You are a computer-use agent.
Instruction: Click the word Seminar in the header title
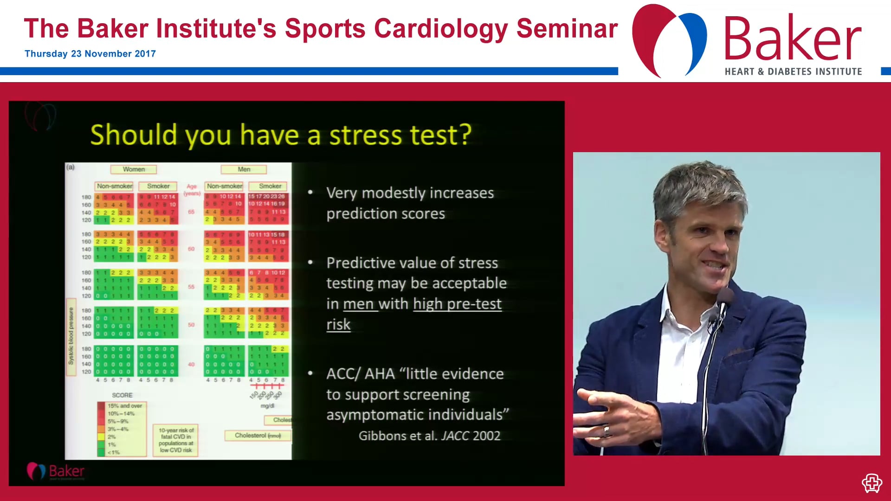pyautogui.click(x=567, y=29)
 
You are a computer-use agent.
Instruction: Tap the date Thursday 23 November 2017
pyautogui.click(x=90, y=54)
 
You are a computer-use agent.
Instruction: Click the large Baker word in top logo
pyautogui.click(x=792, y=39)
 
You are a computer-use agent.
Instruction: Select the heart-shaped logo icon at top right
pyautogui.click(x=669, y=40)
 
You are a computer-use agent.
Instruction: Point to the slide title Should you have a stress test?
pyautogui.click(x=280, y=135)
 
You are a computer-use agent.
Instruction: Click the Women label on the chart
pyautogui.click(x=134, y=169)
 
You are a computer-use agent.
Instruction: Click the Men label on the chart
pyautogui.click(x=244, y=169)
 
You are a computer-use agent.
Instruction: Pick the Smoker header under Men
pyautogui.click(x=270, y=186)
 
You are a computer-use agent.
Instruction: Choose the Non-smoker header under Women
pyautogui.click(x=114, y=186)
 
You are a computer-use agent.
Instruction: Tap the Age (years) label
pyautogui.click(x=192, y=189)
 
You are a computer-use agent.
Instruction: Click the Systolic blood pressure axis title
pyautogui.click(x=71, y=335)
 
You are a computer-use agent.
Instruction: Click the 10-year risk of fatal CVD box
pyautogui.click(x=176, y=440)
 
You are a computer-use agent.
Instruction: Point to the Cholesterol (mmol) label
pyautogui.click(x=258, y=436)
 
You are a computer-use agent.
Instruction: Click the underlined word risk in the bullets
pyautogui.click(x=338, y=324)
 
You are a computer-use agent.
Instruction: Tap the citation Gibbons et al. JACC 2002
pyautogui.click(x=429, y=436)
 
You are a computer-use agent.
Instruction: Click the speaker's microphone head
pyautogui.click(x=725, y=296)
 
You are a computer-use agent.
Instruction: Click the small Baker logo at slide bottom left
pyautogui.click(x=56, y=471)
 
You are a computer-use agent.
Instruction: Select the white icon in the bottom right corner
pyautogui.click(x=872, y=483)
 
